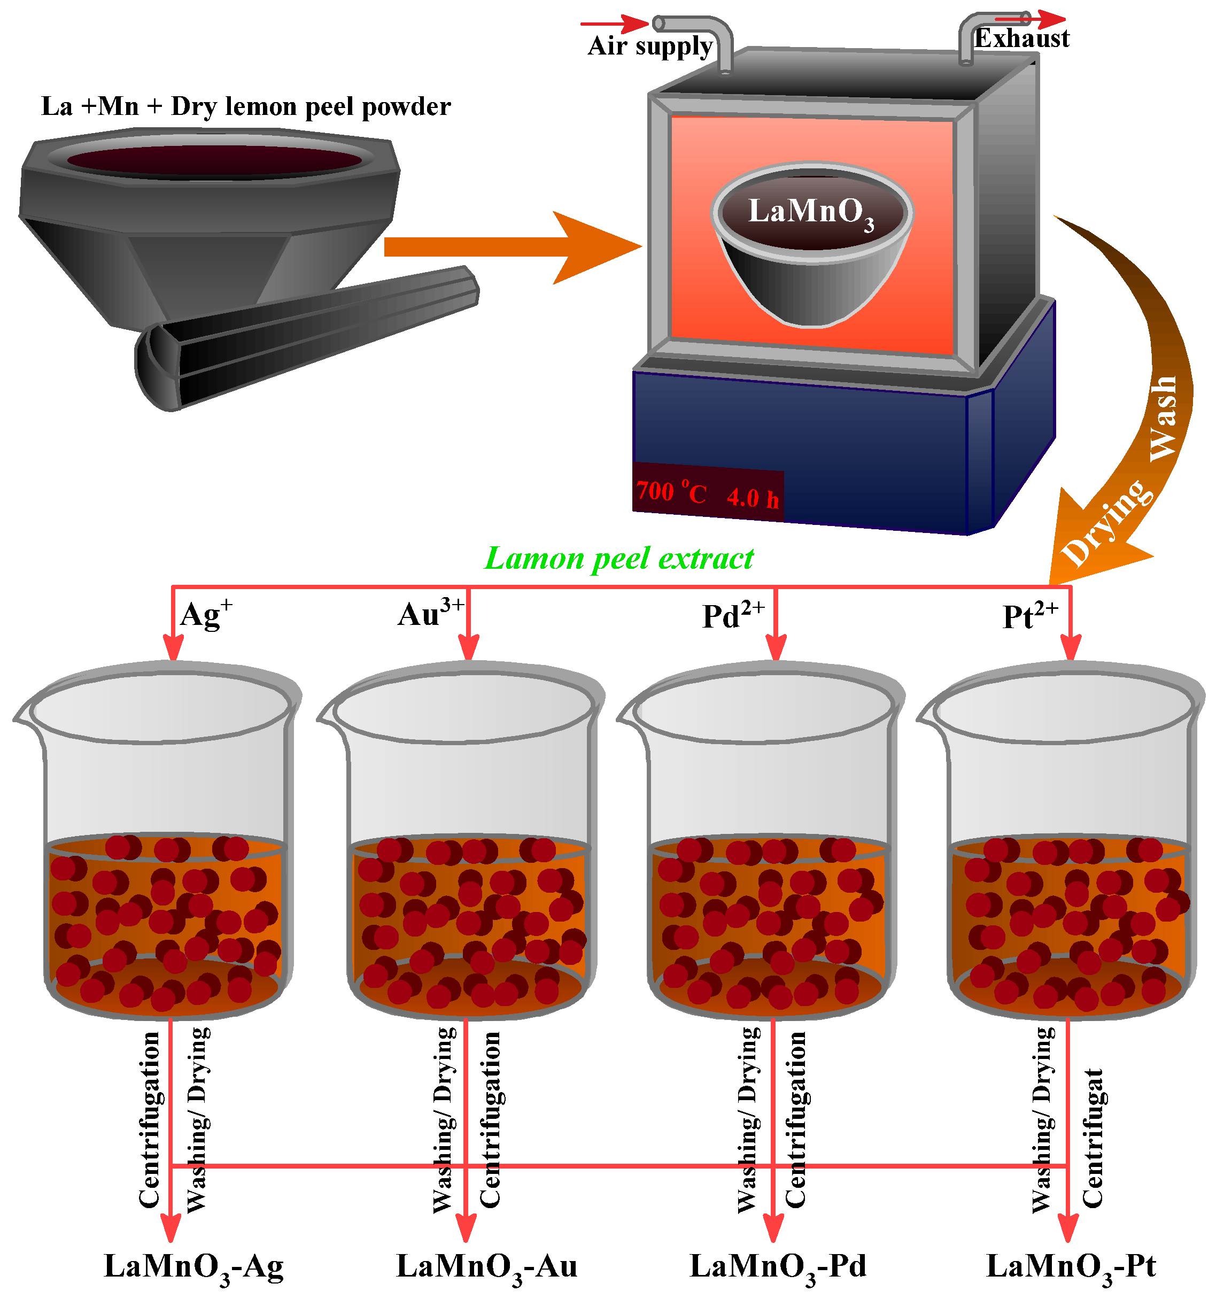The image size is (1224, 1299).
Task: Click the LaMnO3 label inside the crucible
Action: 810,212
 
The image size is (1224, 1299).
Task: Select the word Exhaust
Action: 1021,38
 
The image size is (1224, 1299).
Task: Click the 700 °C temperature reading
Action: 671,492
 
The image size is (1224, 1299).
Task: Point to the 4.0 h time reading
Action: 753,498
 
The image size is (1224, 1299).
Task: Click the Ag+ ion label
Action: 205,614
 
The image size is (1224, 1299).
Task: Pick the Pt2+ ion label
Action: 1029,615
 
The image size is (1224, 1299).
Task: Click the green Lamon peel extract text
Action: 618,559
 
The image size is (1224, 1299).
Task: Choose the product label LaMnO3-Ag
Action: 194,1266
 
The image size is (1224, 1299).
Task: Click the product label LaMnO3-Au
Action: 487,1266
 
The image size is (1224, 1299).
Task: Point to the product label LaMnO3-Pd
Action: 778,1266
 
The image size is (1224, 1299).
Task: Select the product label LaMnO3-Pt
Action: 1071,1266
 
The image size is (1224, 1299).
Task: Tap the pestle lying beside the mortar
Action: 307,337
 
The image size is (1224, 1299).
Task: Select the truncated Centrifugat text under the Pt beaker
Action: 1092,1137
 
